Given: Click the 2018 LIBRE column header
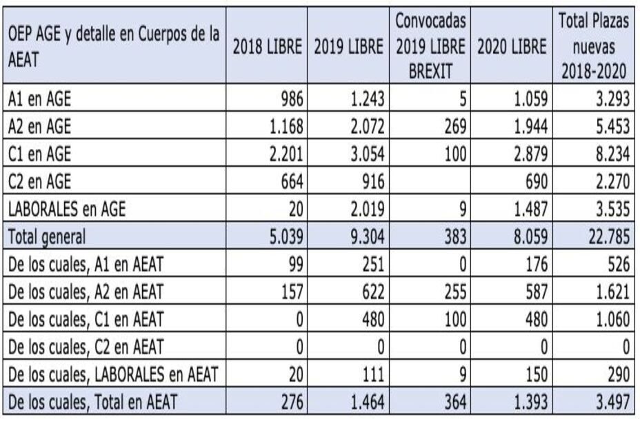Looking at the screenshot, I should point(268,47).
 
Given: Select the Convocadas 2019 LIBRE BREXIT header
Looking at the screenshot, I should point(430,47).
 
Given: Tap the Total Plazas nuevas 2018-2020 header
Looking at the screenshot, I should point(594,47).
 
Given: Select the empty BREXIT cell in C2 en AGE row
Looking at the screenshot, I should point(430,181).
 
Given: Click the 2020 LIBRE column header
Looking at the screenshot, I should point(514,47).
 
